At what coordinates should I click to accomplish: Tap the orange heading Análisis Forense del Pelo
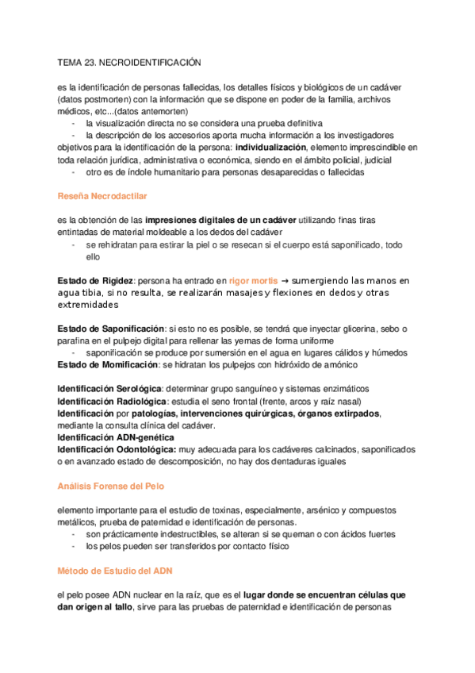[112, 486]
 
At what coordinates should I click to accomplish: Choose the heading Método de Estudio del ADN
[115, 571]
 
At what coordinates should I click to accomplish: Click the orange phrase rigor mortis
[253, 281]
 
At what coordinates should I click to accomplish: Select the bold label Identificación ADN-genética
[116, 437]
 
